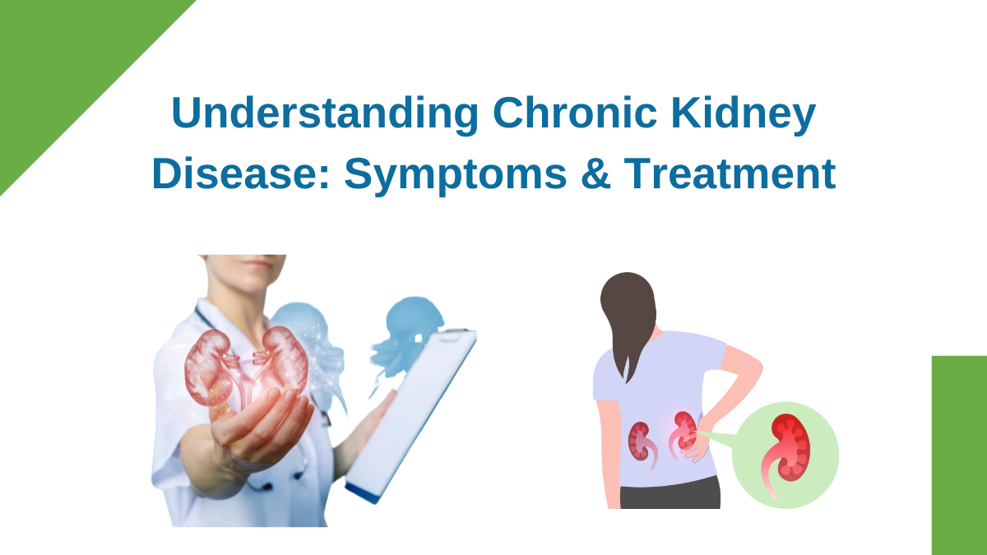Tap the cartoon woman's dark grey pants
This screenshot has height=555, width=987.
pyautogui.click(x=670, y=493)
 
